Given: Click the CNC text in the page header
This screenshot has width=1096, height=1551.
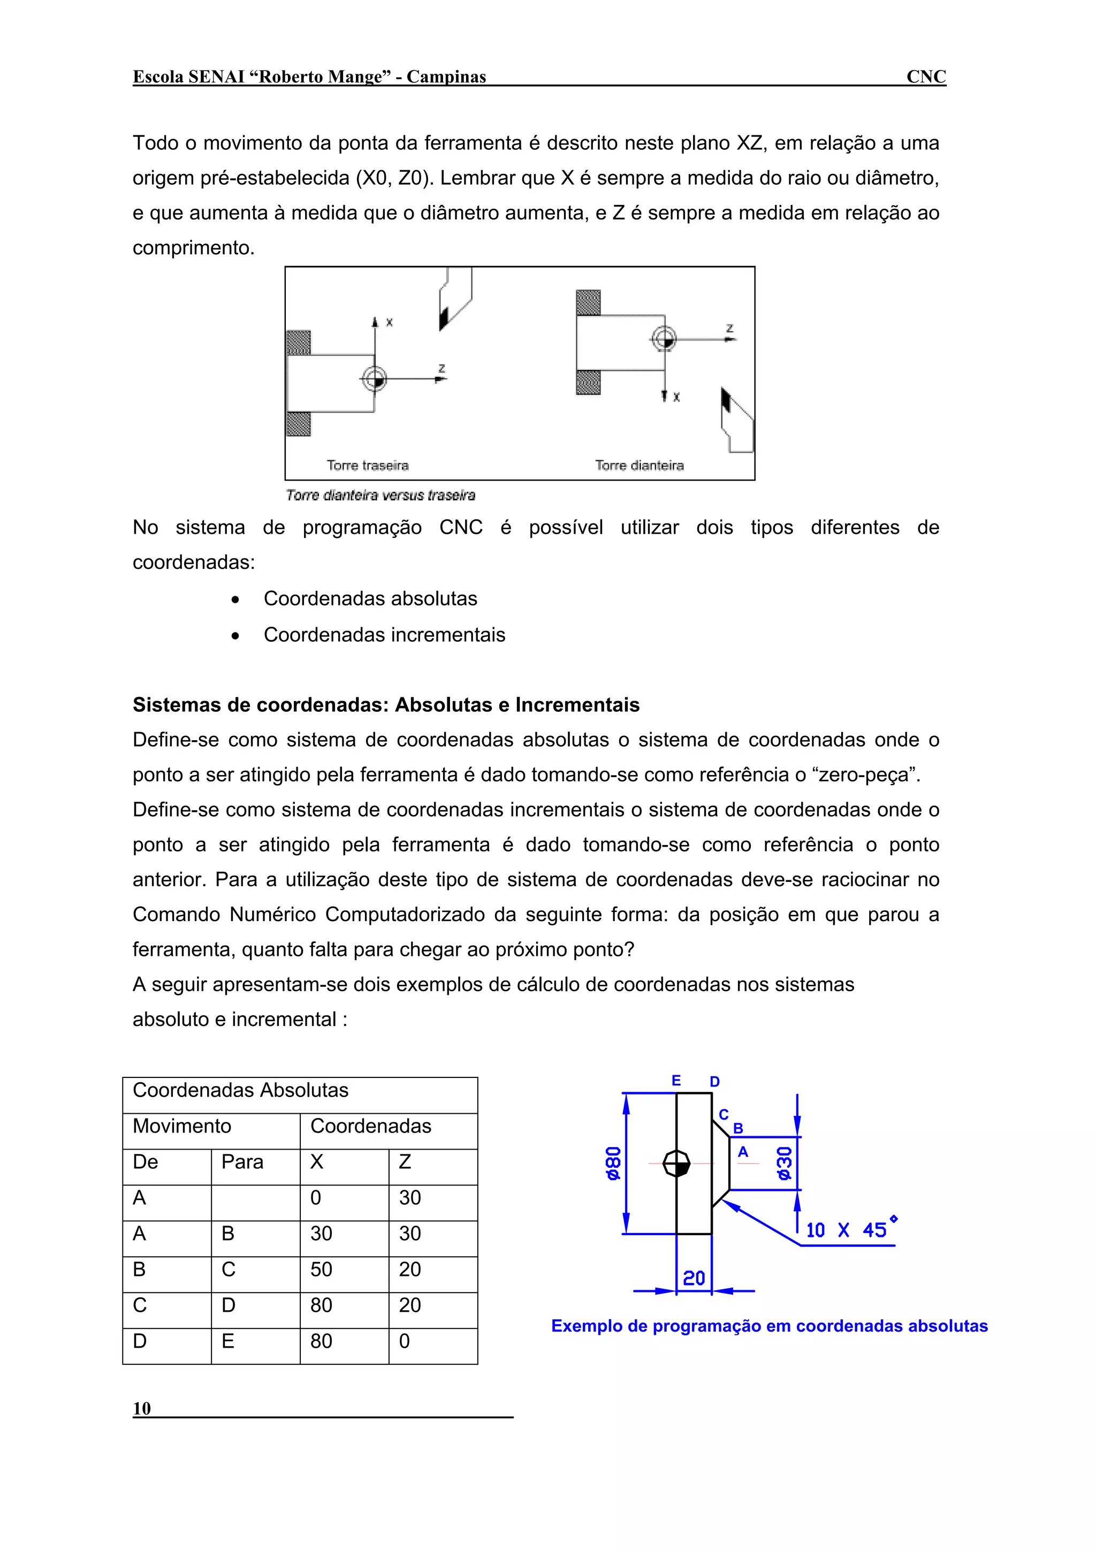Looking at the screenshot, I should coord(925,77).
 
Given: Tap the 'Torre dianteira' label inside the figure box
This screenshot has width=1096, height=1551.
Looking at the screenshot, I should coord(639,466).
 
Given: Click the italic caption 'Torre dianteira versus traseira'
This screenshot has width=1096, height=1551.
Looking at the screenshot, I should coord(380,495).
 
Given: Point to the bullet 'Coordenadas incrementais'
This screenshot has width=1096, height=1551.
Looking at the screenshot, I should coord(384,635).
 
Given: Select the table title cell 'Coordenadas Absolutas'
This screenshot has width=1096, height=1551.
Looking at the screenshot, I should coord(240,1090).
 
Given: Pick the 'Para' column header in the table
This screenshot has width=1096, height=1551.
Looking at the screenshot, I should coord(242,1162).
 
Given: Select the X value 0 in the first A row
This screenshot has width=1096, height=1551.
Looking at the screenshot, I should coord(315,1198).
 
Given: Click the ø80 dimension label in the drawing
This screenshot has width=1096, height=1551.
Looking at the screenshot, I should coord(613,1164).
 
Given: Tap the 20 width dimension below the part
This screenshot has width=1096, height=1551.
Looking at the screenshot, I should coord(694,1278).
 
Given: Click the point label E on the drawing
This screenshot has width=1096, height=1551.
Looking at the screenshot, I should coord(675,1081).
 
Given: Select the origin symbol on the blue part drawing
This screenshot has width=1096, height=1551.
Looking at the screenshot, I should coord(676,1164).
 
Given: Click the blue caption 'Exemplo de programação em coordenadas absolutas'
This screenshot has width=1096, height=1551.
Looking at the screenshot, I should coord(769,1326).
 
